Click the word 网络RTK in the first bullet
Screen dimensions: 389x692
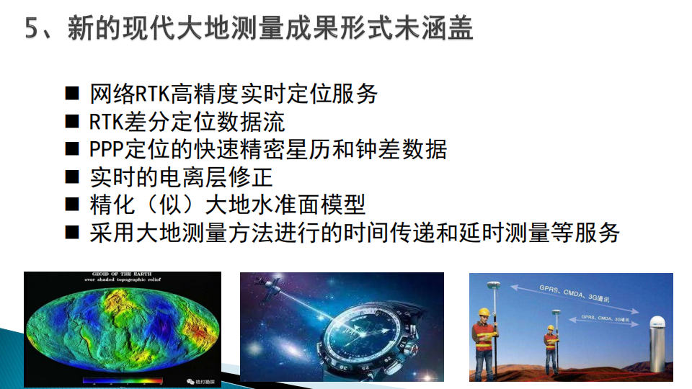pyautogui.click(x=129, y=94)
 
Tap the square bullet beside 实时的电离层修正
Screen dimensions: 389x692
pyautogui.click(x=72, y=177)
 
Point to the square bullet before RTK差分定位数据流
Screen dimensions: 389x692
pyautogui.click(x=72, y=121)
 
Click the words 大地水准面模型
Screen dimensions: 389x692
pyautogui.click(x=285, y=205)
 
